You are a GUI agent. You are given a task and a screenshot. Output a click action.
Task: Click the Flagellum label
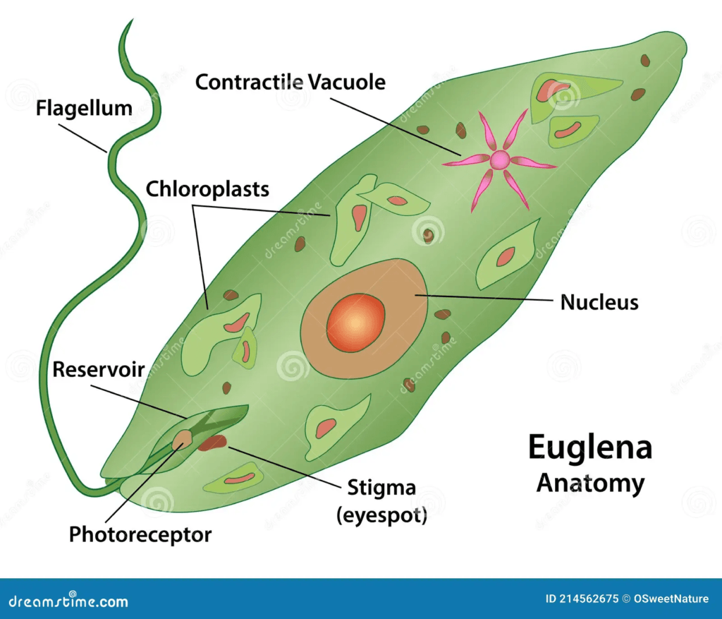tap(84, 109)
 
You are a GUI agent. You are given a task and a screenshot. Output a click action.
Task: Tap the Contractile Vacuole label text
tap(290, 83)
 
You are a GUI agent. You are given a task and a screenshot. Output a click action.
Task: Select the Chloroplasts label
tap(207, 189)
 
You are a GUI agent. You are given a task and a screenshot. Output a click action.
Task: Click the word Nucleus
tap(599, 303)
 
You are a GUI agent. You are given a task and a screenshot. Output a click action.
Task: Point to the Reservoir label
tap(99, 369)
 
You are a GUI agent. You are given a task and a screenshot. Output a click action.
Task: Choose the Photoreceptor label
tap(140, 534)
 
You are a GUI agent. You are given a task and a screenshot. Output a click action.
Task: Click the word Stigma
tap(381, 488)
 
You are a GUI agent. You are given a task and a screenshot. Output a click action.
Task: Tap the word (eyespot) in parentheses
tap(381, 515)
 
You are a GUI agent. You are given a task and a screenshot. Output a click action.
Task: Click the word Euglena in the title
tap(589, 448)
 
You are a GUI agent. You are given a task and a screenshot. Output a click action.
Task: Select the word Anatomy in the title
tap(589, 483)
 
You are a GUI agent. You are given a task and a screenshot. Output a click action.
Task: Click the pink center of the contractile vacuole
tap(499, 160)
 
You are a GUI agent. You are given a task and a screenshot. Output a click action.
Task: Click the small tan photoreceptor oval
tap(183, 439)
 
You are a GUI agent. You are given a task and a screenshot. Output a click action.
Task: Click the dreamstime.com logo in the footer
tap(64, 601)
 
